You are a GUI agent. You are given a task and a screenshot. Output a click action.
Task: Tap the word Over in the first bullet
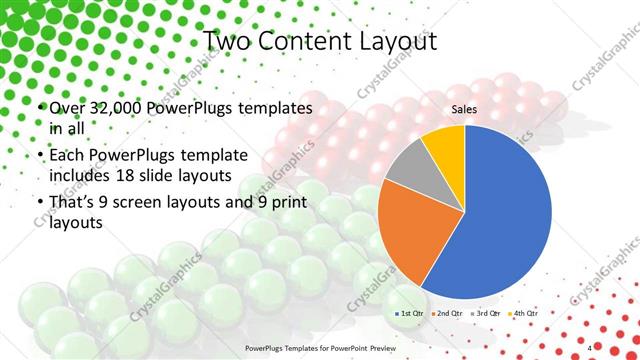(x=67, y=107)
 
